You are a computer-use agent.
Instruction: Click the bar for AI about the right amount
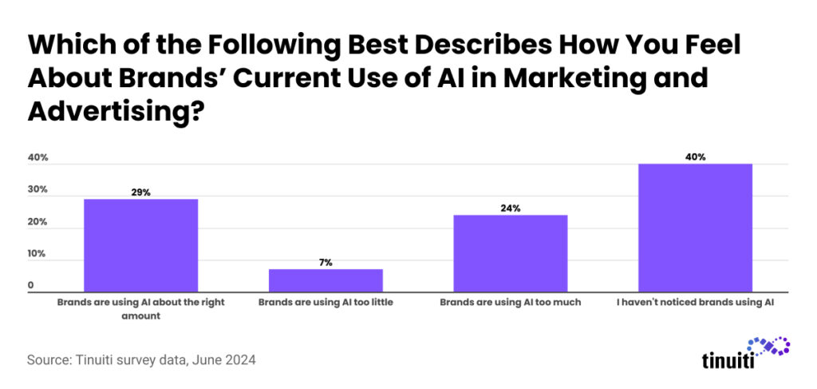click(x=140, y=245)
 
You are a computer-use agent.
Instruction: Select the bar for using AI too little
click(x=326, y=280)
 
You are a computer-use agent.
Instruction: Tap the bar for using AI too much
click(x=511, y=253)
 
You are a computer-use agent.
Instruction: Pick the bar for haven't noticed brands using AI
click(x=695, y=228)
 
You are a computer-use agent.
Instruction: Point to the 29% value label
click(x=140, y=193)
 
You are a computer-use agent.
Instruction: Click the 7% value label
click(x=326, y=262)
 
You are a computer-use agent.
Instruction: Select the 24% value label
click(x=511, y=208)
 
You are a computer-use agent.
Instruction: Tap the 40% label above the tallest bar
click(x=695, y=157)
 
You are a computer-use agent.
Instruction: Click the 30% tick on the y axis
click(x=38, y=190)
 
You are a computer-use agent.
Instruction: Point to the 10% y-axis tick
click(x=38, y=254)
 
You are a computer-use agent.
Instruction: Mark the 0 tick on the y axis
click(x=31, y=285)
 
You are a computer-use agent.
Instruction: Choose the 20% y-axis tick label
click(x=38, y=222)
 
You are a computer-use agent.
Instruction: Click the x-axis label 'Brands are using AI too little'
click(x=326, y=304)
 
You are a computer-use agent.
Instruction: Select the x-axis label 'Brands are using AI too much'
click(x=511, y=304)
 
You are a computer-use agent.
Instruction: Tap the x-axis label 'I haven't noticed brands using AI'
click(x=695, y=304)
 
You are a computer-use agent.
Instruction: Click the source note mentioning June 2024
click(x=141, y=360)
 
